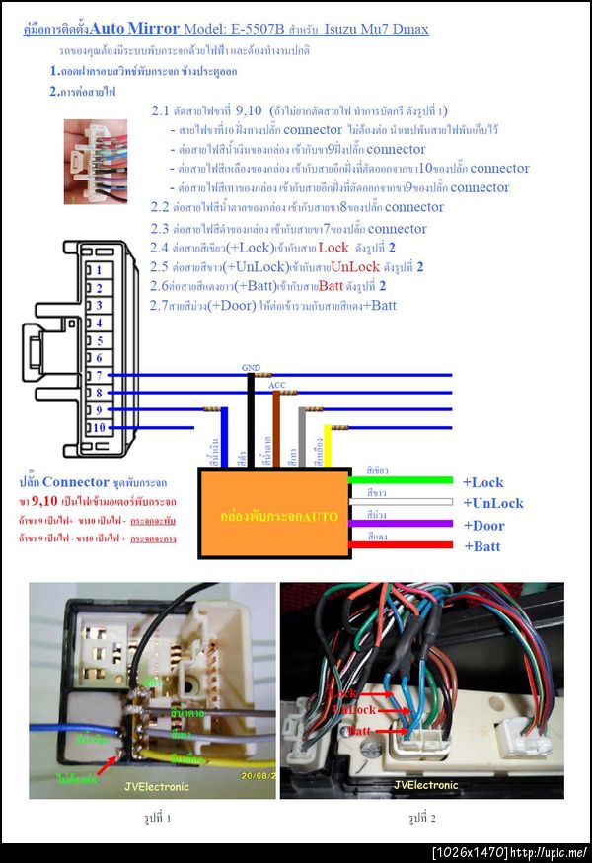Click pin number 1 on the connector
pos(98,269)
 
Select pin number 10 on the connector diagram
pos(98,427)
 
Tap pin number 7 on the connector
pos(98,375)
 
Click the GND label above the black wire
pos(252,368)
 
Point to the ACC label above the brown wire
pos(277,385)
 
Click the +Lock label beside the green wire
pos(482,482)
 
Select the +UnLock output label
pos(492,503)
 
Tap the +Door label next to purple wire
pos(483,525)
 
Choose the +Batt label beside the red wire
pos(482,546)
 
